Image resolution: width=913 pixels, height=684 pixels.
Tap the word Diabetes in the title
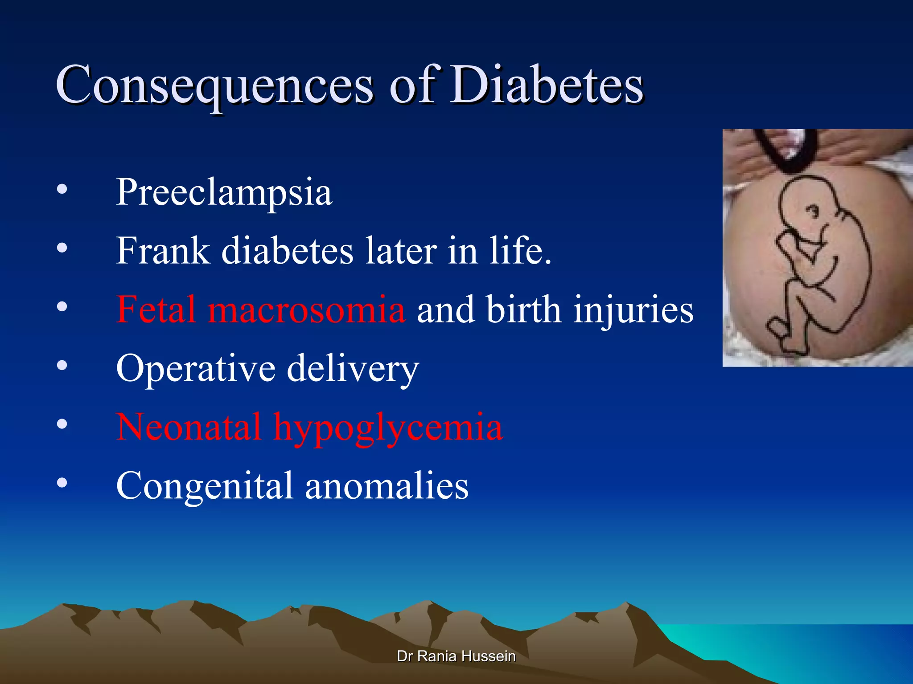click(546, 85)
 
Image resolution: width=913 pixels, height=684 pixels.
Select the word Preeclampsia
click(224, 192)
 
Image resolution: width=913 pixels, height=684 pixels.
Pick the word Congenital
click(204, 486)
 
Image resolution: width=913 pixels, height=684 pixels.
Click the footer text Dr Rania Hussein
click(456, 656)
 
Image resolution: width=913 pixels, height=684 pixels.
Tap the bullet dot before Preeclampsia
click(62, 189)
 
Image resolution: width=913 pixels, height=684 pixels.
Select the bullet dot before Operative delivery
click(62, 365)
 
